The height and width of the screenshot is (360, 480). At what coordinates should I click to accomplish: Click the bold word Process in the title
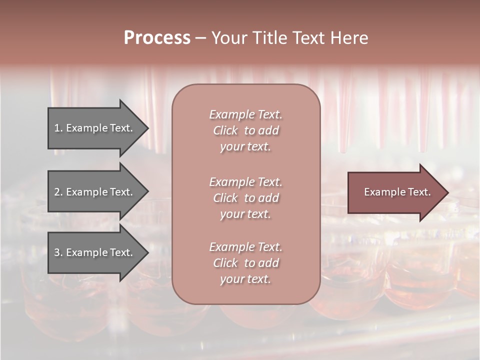coord(157,38)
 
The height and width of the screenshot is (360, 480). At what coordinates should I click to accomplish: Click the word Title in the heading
coord(267,38)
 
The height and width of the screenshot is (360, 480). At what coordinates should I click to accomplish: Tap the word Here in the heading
coord(348,38)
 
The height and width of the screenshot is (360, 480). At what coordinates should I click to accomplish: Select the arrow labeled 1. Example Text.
coord(95,128)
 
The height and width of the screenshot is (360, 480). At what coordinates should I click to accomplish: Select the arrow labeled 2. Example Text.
coord(95,192)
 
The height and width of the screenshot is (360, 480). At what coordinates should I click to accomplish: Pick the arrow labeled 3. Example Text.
coord(95,252)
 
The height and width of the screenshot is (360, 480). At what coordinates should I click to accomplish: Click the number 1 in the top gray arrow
coord(57,128)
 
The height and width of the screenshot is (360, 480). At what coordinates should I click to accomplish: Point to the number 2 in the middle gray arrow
coord(57,192)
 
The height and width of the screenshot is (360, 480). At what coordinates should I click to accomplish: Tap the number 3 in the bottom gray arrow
coord(57,252)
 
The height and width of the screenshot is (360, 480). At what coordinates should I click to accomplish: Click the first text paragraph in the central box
coord(245,130)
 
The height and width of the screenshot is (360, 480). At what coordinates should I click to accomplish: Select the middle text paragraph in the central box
coord(245,198)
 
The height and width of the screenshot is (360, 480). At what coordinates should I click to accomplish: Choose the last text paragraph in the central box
coord(245,263)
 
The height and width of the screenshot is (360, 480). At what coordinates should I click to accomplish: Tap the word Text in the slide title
coord(308,38)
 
